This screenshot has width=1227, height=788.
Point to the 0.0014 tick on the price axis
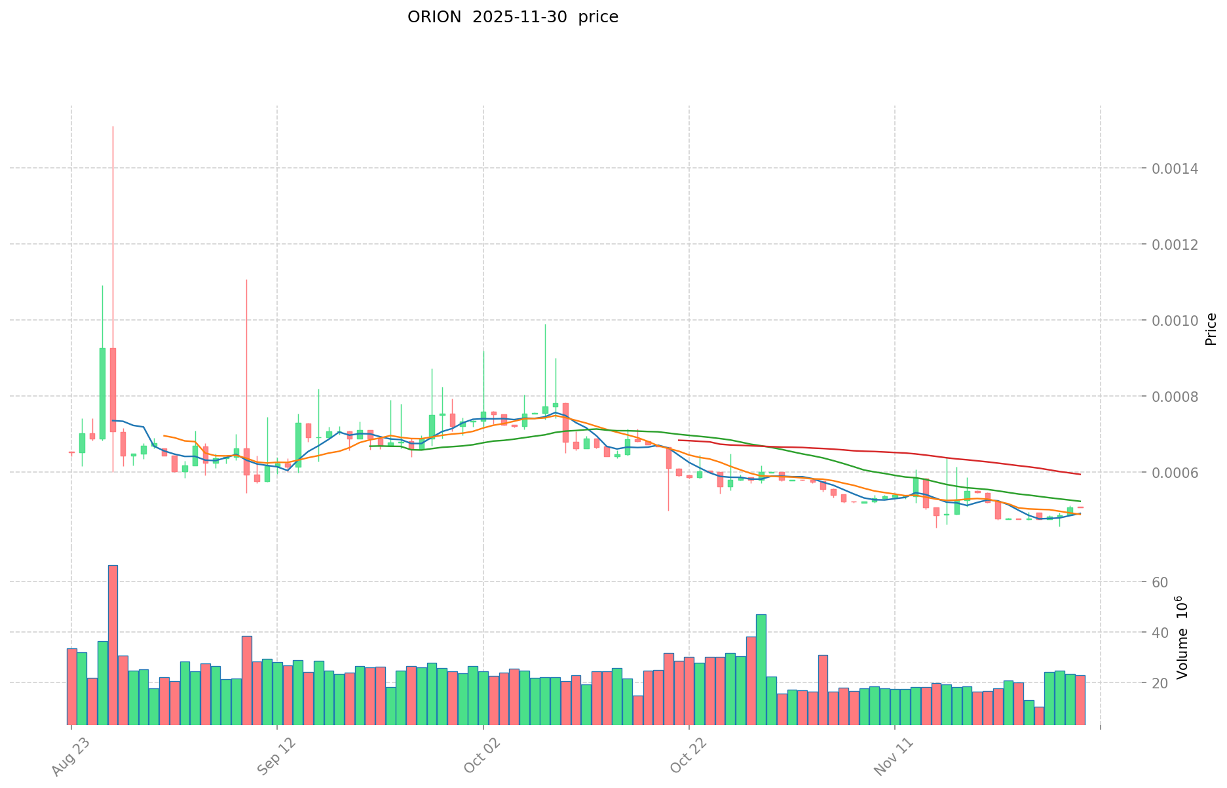[1180, 169]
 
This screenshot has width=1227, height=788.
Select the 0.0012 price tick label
[1180, 245]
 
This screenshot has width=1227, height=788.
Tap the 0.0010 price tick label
[1180, 321]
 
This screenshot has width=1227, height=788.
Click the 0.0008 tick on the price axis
[1180, 397]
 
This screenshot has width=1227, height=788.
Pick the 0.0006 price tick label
[1180, 473]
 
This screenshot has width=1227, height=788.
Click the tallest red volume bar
[113, 644]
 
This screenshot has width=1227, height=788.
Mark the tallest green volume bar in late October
[761, 669]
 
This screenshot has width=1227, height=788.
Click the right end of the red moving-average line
[1080, 474]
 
